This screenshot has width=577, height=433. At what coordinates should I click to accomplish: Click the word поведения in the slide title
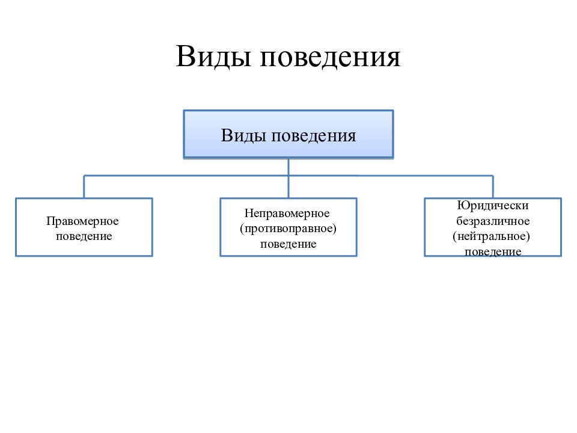[330, 58]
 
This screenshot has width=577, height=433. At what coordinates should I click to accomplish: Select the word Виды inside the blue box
[243, 135]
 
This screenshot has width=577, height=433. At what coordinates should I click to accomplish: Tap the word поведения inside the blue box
[314, 137]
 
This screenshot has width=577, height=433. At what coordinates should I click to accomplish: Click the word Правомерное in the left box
[82, 221]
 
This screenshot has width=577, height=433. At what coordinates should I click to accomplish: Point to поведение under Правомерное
[84, 236]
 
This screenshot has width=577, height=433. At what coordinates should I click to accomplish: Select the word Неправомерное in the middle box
[287, 213]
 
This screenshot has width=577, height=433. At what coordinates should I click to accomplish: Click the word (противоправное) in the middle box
[288, 229]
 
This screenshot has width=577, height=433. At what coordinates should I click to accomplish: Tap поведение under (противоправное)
[288, 244]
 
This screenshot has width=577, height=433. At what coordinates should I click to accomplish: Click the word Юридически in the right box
[493, 206]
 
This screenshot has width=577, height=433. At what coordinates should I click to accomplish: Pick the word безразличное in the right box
[493, 221]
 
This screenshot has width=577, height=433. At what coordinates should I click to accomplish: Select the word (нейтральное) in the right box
[491, 236]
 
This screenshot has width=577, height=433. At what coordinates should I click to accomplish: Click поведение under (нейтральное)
[493, 252]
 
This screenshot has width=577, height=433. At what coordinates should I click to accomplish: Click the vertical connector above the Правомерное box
[84, 186]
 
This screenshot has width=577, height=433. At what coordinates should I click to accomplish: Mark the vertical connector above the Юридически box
[493, 186]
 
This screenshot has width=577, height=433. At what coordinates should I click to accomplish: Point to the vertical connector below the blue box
[288, 178]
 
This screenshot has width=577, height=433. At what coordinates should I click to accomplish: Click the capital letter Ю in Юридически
[462, 205]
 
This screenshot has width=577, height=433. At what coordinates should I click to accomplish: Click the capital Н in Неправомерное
[248, 213]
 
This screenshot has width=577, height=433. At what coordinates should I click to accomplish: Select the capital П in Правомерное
[50, 221]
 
